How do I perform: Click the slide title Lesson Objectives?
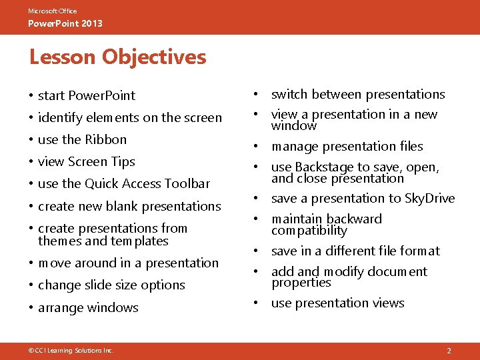[117, 57]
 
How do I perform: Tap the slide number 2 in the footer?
[449, 351]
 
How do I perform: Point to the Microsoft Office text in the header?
[52, 11]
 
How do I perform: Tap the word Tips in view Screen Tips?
[124, 162]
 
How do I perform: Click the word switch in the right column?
[289, 95]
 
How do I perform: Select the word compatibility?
[309, 231]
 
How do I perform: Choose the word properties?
[301, 283]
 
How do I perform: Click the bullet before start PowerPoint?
[31, 96]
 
